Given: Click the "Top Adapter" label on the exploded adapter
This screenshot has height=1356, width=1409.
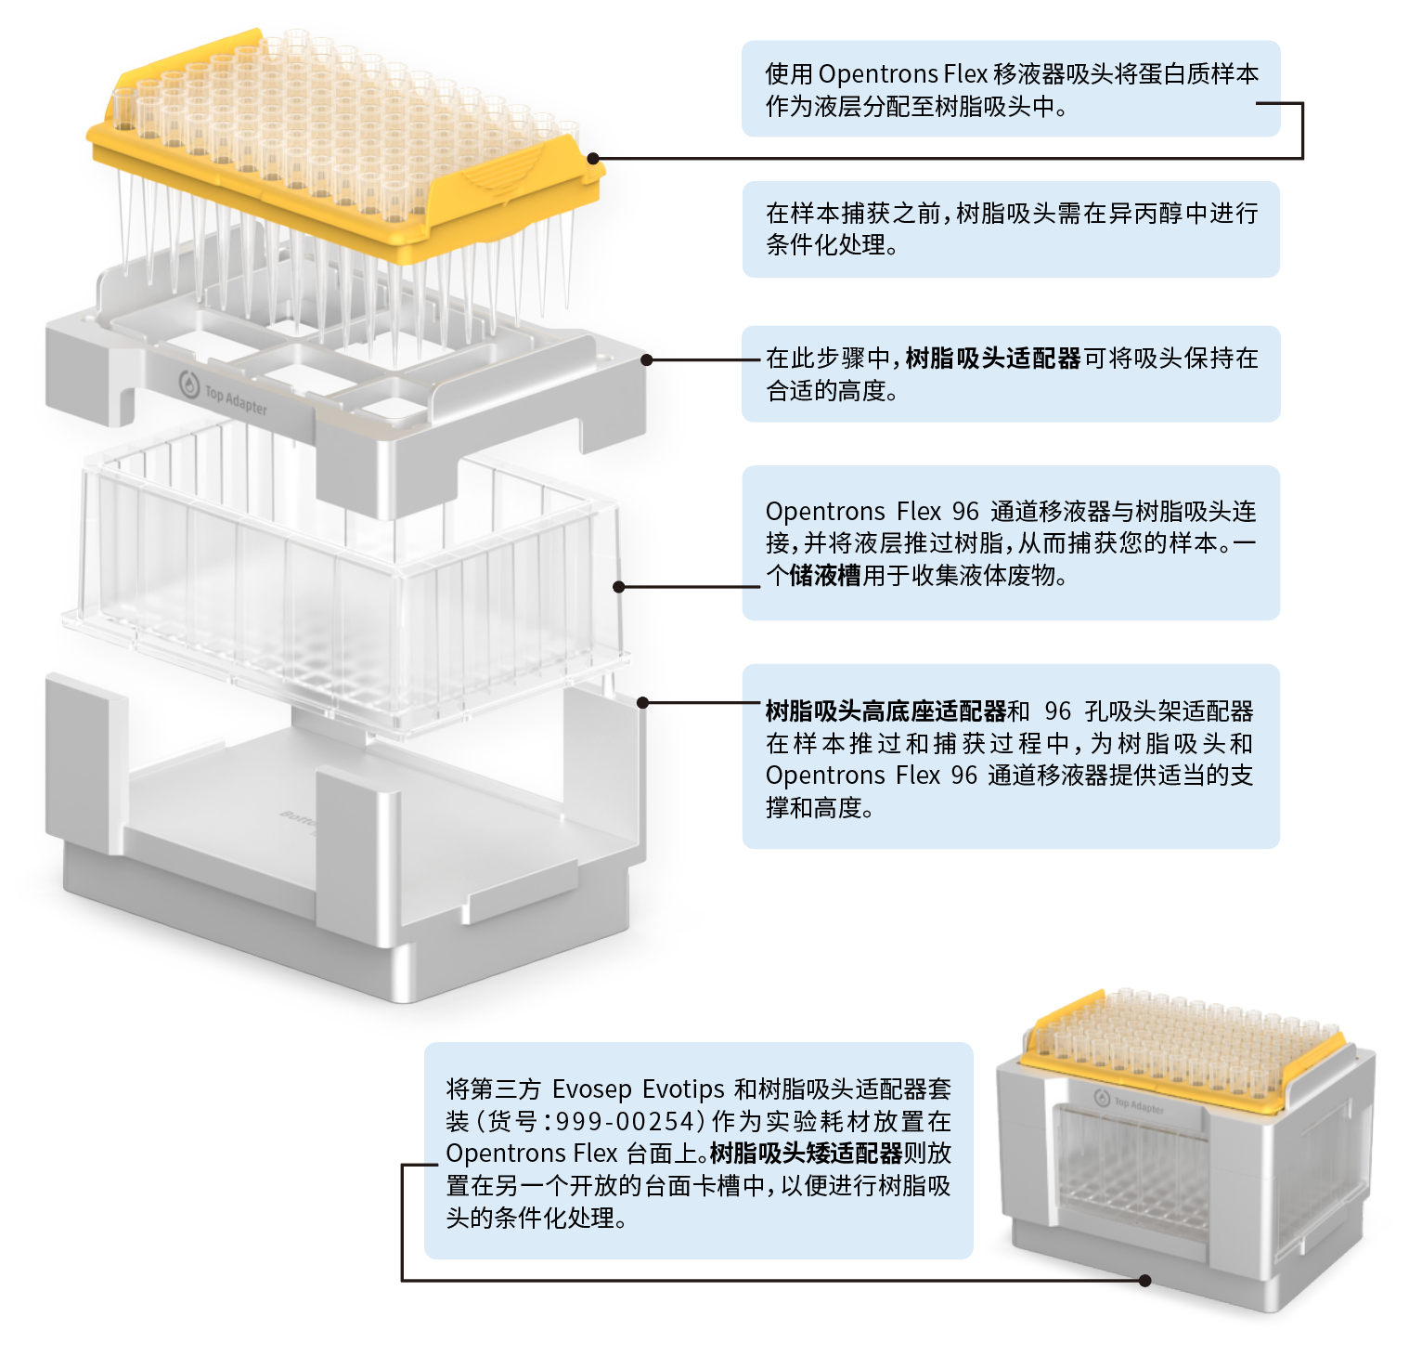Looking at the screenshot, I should [236, 400].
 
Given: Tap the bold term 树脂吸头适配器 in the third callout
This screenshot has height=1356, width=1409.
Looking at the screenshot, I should [992, 359].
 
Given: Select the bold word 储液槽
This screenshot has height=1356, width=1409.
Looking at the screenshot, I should [825, 576].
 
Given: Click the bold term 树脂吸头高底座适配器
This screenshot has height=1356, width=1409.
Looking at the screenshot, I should [885, 711].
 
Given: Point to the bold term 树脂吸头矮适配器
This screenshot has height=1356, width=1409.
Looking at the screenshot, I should [806, 1154].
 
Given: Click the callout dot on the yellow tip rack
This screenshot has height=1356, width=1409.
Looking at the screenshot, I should [593, 159].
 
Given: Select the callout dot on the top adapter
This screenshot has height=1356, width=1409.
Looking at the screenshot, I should [647, 359].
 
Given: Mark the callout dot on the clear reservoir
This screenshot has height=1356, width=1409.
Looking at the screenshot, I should [619, 587].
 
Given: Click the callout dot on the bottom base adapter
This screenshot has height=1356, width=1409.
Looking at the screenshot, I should [642, 703].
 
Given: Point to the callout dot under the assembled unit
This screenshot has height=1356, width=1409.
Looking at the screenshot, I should [1144, 1281].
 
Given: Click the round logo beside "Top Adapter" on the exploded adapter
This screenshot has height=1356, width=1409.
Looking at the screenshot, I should [189, 383].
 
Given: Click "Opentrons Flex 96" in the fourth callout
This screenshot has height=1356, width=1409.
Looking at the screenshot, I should [872, 512].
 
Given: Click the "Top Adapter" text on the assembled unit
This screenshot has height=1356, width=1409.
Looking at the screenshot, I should [1139, 1105].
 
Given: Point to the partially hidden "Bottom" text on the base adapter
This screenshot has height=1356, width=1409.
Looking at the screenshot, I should [299, 817].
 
